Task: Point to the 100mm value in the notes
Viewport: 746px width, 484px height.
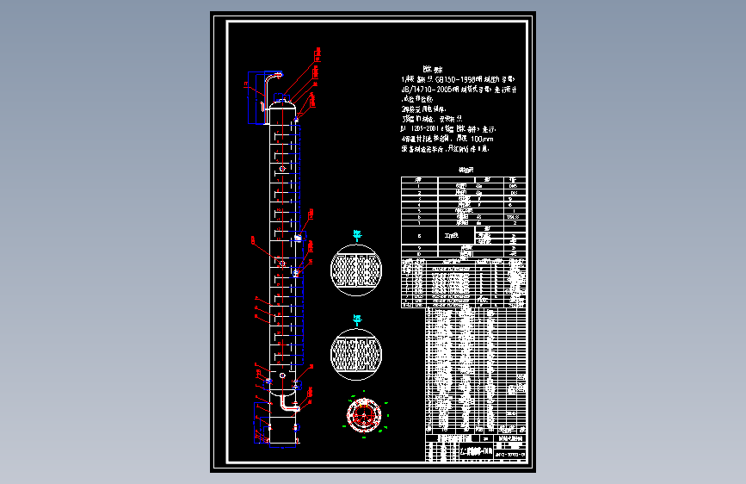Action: (482, 138)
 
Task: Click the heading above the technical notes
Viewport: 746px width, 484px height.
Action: (432, 67)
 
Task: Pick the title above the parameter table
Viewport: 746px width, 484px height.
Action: (466, 171)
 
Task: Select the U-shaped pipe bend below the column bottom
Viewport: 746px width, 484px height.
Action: (285, 403)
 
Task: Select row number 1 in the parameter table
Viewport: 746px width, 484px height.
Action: (418, 185)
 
